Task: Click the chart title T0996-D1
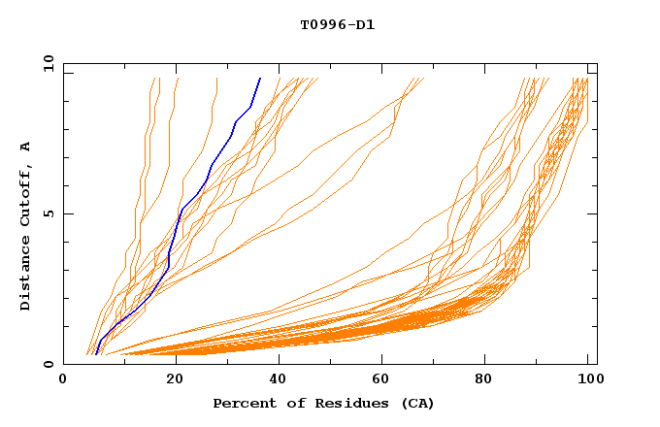coord(337,24)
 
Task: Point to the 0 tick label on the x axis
coord(63,379)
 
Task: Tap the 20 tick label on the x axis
coord(169,379)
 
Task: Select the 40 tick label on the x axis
coord(274,379)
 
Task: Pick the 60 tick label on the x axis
coord(379,379)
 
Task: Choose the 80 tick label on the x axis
coord(483,379)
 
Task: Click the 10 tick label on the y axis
coord(48,63)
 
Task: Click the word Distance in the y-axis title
coord(26,276)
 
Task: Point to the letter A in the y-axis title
coord(26,147)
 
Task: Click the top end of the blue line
coord(260,79)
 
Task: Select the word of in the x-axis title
coord(285,404)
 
